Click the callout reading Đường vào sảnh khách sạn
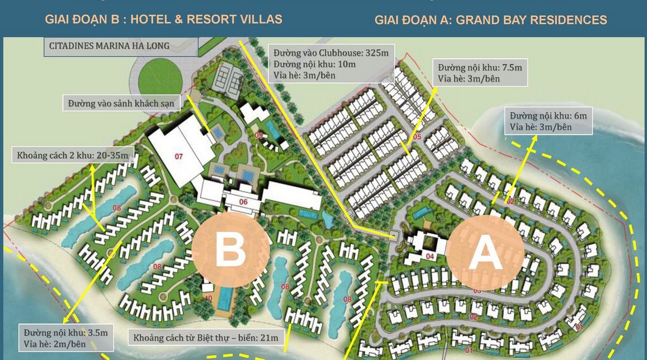[x=121, y=103]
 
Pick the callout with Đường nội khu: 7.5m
[x=480, y=73]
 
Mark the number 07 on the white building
[x=179, y=157]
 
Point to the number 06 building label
[x=243, y=202]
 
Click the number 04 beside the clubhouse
[x=430, y=257]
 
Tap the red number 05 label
[x=417, y=137]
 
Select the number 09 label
[x=258, y=135]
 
